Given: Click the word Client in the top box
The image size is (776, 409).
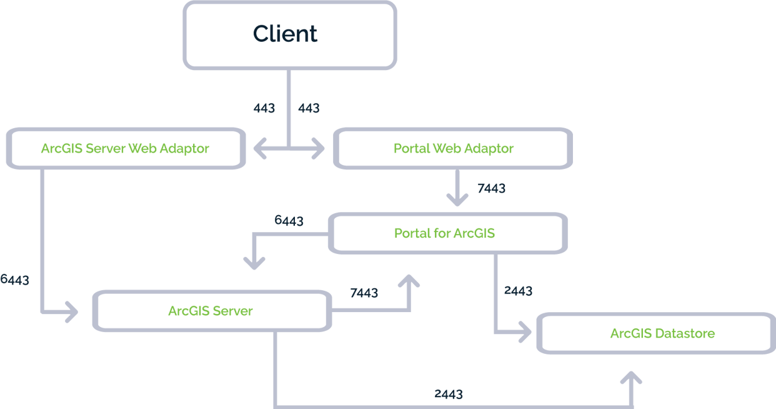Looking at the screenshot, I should pos(286,34).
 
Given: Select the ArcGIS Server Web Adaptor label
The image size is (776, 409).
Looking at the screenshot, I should pos(125,148).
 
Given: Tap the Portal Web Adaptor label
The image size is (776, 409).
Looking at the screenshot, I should pos(453,148).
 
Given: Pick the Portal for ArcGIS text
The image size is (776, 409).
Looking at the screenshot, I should pos(444,233).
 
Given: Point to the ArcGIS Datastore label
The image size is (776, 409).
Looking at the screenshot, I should pos(662,333).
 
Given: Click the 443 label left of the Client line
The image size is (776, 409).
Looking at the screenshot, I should pos(264,108).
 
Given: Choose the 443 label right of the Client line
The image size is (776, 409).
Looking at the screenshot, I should pos(309,108).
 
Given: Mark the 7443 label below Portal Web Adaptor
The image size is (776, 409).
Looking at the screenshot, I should pos(491,188).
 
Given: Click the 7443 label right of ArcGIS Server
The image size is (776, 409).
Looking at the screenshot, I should pos(364,293).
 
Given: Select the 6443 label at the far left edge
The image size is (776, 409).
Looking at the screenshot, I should pos(14,280).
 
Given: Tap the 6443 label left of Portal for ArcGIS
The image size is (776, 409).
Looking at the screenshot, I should pos(289,221).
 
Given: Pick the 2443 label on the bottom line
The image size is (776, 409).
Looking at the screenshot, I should pos(449,394).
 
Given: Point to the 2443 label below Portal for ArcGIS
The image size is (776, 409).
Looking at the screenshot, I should pos(518,291).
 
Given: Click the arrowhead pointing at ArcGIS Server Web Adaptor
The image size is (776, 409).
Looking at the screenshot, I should pos(259,149).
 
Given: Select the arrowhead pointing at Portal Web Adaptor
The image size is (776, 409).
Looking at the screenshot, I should pos(319,149).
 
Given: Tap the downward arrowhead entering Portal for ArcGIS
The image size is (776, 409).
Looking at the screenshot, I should pos(457,199).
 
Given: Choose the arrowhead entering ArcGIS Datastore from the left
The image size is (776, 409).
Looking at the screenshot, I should pos(524,333).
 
